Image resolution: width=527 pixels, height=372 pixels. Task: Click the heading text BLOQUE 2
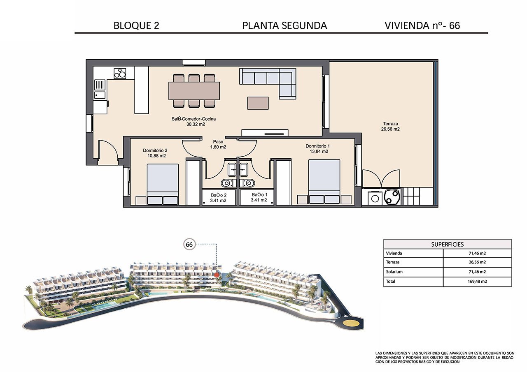(136, 25)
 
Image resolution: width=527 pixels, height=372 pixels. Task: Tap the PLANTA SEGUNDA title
(284, 25)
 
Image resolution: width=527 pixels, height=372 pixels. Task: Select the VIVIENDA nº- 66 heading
(422, 25)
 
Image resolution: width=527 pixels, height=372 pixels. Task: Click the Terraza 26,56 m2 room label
(390, 126)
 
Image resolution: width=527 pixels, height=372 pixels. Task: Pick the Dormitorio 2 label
(154, 153)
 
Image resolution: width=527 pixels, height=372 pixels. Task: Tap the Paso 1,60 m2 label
(218, 144)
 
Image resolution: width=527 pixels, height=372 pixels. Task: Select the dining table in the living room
(194, 91)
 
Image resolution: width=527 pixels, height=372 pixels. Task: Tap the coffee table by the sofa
(258, 103)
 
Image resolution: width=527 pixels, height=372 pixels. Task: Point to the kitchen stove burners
(120, 74)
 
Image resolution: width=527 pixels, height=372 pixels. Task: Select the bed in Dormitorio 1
(324, 181)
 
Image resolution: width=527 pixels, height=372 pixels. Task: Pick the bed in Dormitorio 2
(163, 184)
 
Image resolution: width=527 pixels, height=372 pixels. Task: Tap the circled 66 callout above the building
(189, 244)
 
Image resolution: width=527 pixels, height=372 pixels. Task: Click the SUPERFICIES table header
(447, 244)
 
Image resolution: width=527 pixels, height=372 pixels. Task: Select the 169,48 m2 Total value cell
(477, 282)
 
